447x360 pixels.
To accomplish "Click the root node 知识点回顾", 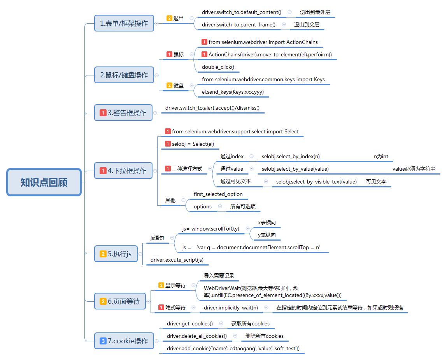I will click(x=44, y=182).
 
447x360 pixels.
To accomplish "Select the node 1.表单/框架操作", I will click(x=124, y=23).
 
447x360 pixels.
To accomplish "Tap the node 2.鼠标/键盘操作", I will click(x=124, y=75).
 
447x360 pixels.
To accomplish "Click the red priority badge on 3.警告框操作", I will click(x=103, y=113).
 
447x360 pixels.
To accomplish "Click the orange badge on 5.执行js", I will click(x=103, y=254).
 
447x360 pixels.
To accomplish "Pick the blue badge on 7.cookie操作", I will click(x=103, y=341).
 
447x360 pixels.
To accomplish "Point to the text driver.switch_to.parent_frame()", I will click(x=238, y=24).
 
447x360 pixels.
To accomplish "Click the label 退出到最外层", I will click(x=315, y=12).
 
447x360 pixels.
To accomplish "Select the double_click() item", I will click(x=218, y=67).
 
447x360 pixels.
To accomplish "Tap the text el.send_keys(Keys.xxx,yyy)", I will click(x=233, y=92).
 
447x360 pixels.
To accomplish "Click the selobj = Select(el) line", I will click(x=193, y=144).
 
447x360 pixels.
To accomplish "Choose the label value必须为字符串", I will click(x=414, y=169).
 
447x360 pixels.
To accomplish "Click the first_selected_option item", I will click(x=218, y=194).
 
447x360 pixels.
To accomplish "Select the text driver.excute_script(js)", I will click(x=177, y=260).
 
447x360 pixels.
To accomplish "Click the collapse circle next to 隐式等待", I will click(x=193, y=308).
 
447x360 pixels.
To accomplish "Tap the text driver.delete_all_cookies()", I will click(x=197, y=336).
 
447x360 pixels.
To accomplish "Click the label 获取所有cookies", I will click(x=251, y=323).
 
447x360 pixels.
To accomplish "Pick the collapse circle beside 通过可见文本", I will click(x=266, y=182).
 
